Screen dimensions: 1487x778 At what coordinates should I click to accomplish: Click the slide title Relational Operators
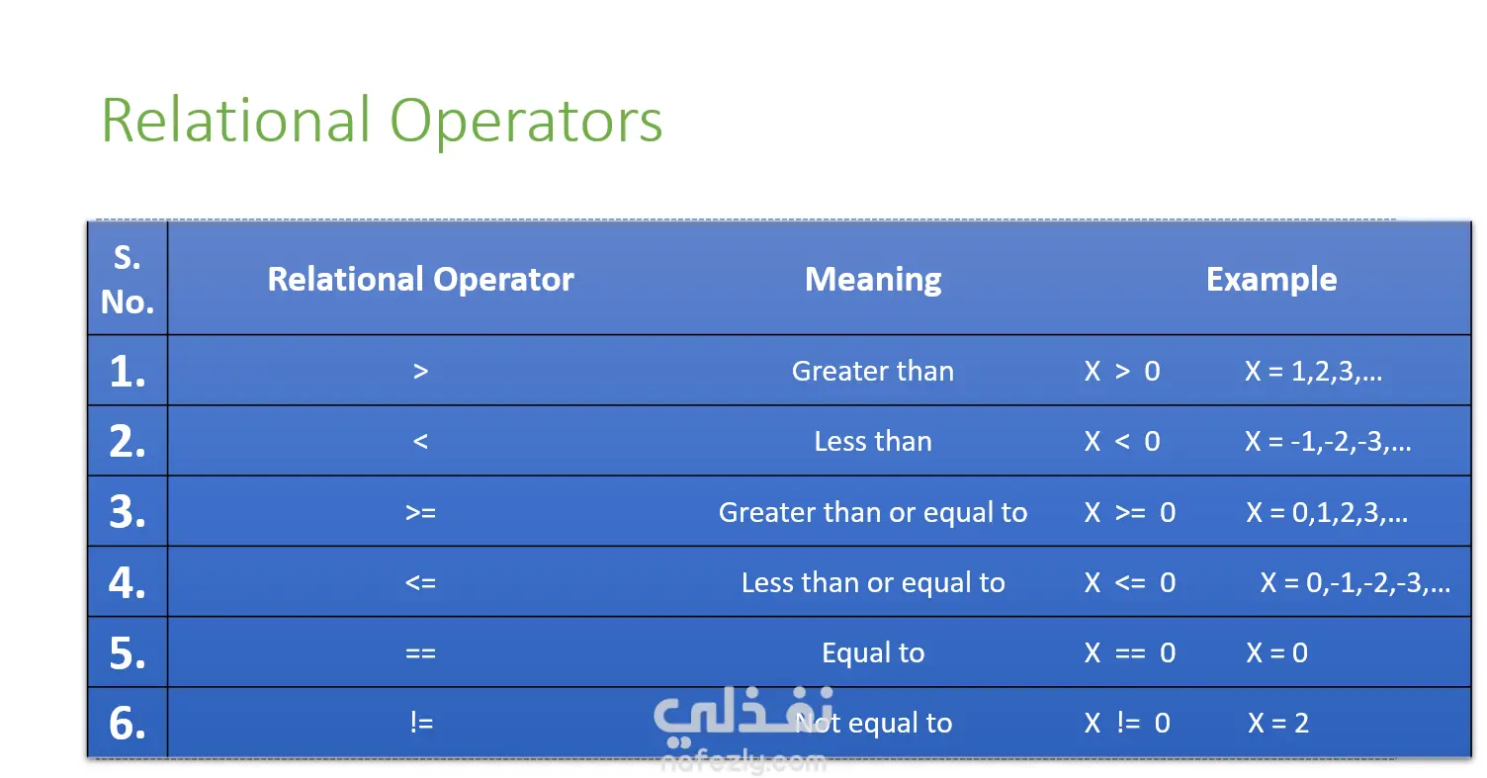(x=382, y=121)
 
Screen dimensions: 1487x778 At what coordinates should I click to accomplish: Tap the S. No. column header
(x=128, y=280)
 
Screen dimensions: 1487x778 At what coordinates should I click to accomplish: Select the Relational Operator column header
(x=420, y=280)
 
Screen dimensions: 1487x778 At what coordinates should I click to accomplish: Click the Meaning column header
(x=873, y=280)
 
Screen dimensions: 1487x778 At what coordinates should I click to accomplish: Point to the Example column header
(x=1271, y=280)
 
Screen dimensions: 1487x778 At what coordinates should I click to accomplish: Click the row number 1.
(x=128, y=371)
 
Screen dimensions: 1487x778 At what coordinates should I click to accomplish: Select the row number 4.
(x=128, y=583)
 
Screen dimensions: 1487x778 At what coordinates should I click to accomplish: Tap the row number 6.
(x=128, y=723)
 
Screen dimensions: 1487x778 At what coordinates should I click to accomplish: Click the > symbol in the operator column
(x=420, y=371)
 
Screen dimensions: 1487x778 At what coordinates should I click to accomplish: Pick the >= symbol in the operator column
(x=420, y=512)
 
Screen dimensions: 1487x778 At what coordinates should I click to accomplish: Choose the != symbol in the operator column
(x=421, y=723)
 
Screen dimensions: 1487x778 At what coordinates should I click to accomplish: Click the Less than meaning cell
(x=873, y=442)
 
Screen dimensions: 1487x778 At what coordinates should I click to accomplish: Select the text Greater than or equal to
(x=873, y=512)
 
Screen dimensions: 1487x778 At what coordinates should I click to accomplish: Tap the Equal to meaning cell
(x=873, y=653)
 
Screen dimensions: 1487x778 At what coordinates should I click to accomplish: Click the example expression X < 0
(x=1122, y=442)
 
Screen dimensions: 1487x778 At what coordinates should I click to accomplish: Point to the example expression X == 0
(x=1130, y=653)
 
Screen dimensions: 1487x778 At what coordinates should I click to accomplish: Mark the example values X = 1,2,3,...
(x=1313, y=371)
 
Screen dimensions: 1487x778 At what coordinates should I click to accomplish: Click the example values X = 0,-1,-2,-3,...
(x=1355, y=583)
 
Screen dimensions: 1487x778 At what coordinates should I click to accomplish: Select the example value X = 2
(x=1277, y=723)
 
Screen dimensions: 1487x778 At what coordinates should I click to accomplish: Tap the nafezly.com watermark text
(x=743, y=761)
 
